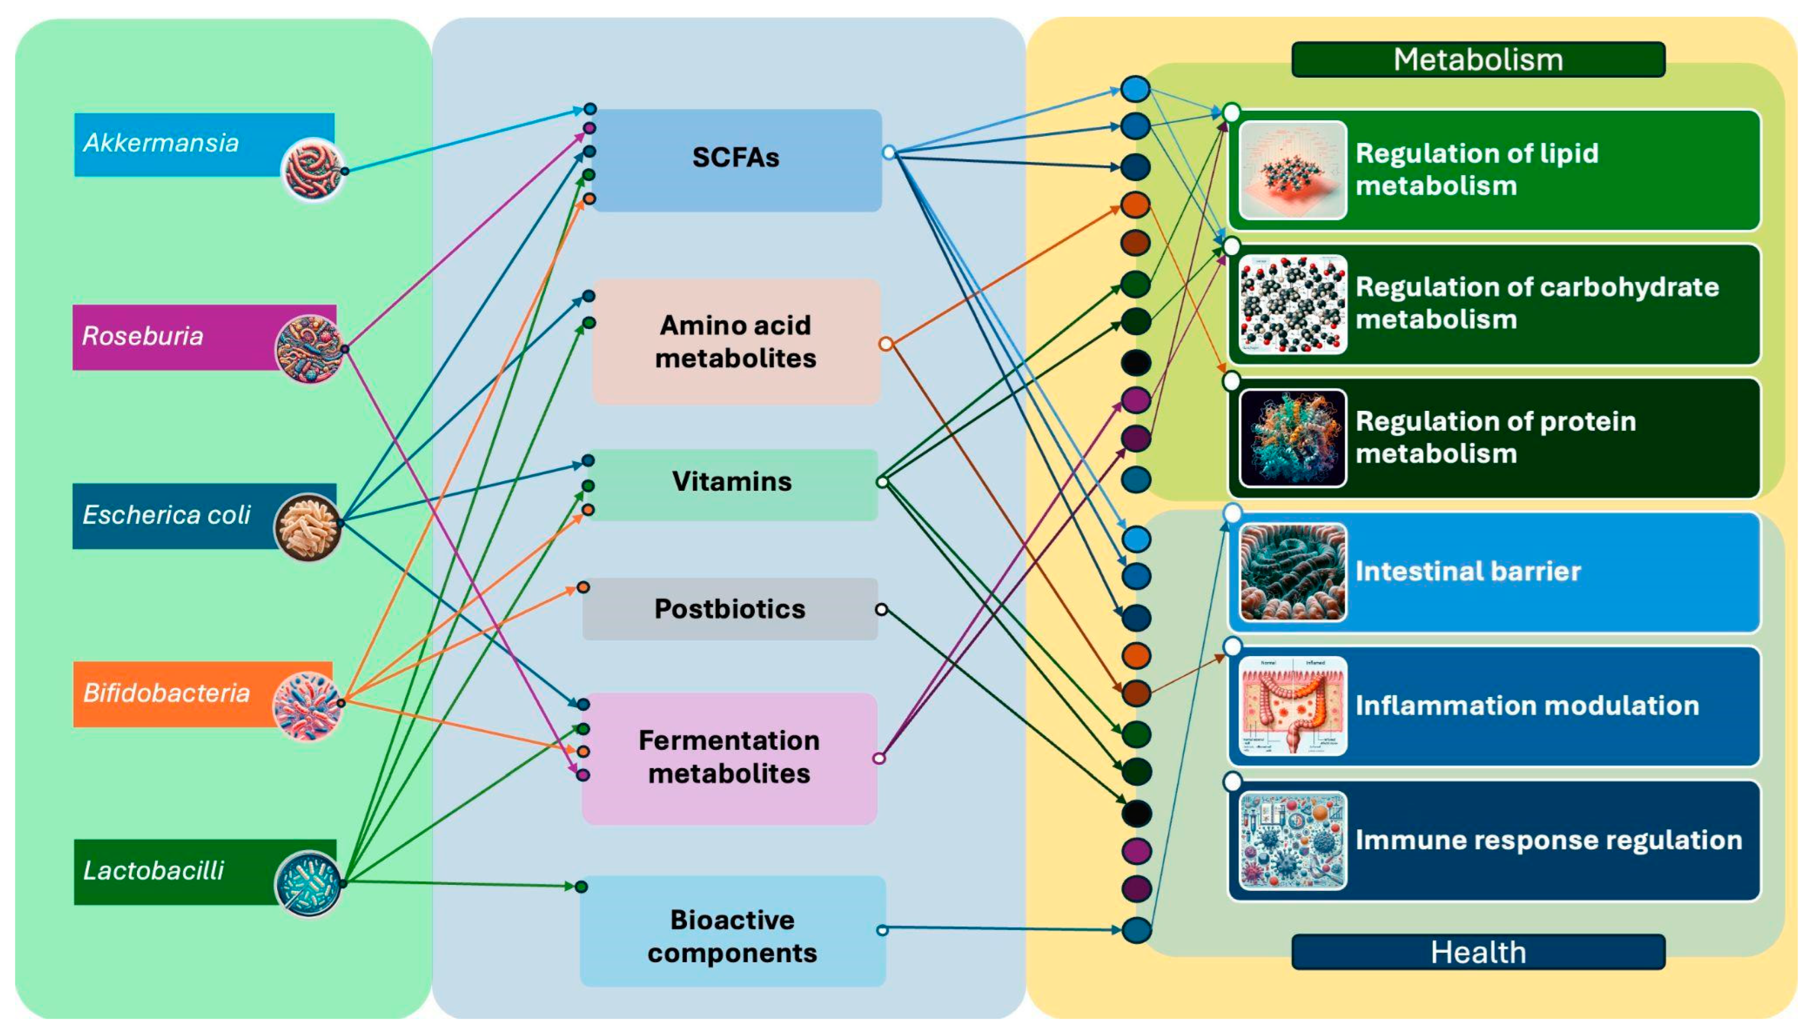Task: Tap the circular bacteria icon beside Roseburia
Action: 309,349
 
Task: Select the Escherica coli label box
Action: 170,515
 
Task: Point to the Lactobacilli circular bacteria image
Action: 307,883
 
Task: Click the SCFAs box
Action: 735,159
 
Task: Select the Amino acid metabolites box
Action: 735,342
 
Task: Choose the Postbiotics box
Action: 729,609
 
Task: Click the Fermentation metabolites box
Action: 729,758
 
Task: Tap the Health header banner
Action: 1478,952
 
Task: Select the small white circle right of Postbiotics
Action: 881,609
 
